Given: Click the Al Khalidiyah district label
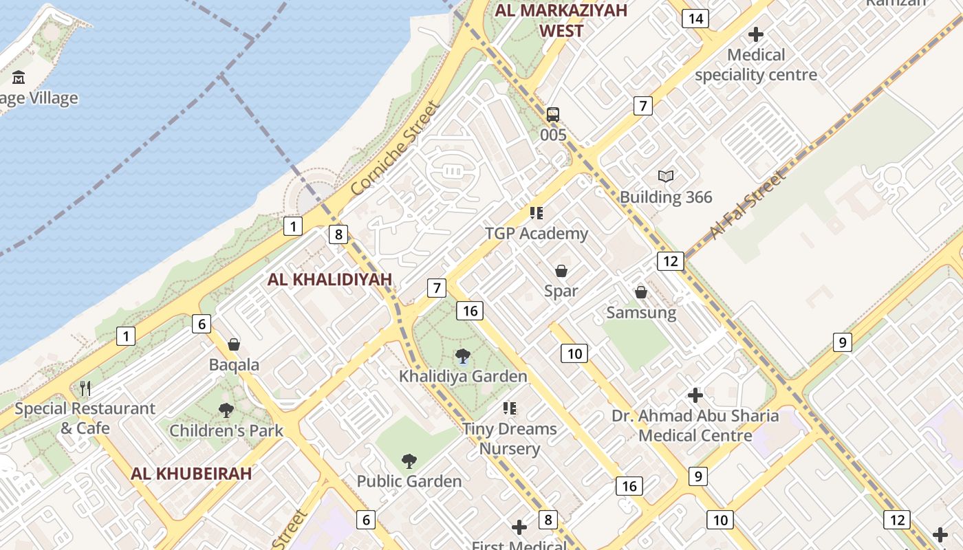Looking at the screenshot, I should tap(329, 279).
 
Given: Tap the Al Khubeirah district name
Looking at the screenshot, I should tap(191, 473).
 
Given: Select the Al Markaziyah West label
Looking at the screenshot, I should tap(561, 21).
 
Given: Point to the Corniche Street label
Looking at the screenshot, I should tap(394, 148).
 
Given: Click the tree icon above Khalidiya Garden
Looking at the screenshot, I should tap(463, 356).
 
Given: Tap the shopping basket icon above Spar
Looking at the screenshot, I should tap(561, 271).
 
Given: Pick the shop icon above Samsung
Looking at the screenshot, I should tap(641, 293).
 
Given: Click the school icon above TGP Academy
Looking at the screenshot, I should tap(537, 213).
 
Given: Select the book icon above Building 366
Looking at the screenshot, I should tap(665, 177).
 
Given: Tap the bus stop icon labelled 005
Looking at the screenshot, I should tap(553, 115).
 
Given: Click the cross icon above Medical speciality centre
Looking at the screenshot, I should tap(756, 34).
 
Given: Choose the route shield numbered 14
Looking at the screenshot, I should tap(695, 19).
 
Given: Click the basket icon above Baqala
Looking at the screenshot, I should tap(234, 344).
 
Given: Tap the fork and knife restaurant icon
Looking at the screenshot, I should tap(85, 388).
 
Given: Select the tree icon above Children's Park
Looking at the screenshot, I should tap(226, 410).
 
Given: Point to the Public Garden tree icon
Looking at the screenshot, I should tap(409, 461).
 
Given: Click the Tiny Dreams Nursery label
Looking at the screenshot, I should tap(509, 439).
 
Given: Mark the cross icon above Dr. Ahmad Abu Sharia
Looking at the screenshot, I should tap(695, 395).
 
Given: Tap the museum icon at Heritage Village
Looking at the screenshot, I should tap(19, 77).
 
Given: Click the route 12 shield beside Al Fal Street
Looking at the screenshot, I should tap(670, 261).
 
